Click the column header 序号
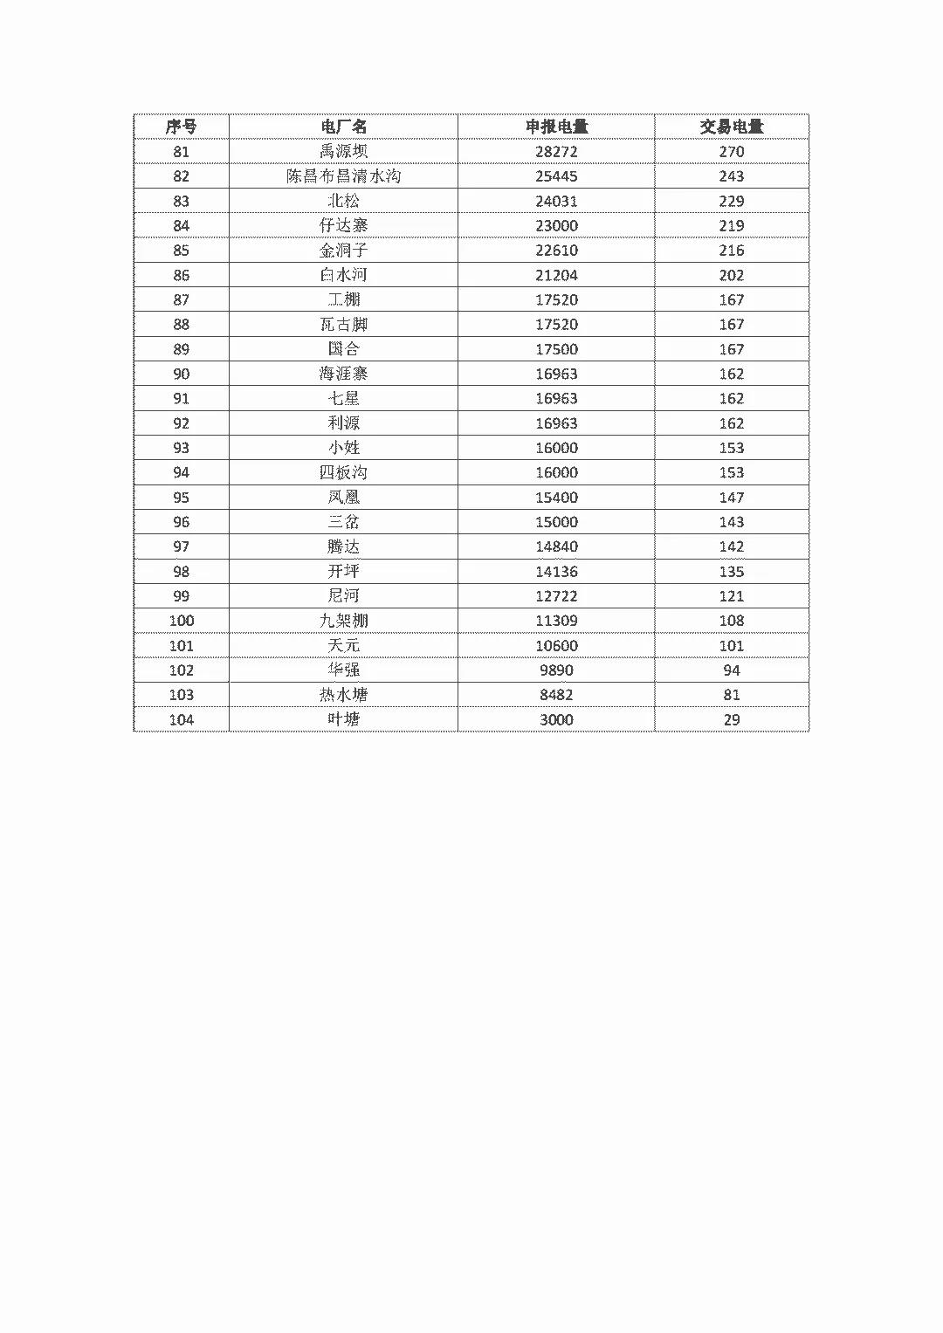[x=181, y=127]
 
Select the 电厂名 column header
[x=343, y=127]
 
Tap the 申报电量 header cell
[x=556, y=127]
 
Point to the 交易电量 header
[x=731, y=127]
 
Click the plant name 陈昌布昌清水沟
[x=343, y=176]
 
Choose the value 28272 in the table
[x=556, y=152]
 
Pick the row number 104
[x=181, y=719]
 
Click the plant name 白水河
[x=343, y=275]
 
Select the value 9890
[x=556, y=670]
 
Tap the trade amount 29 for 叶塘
[x=731, y=719]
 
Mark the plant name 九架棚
[x=343, y=621]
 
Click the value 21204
[x=556, y=275]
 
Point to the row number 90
[x=181, y=374]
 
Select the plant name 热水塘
[x=343, y=695]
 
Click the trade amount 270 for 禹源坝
[x=731, y=152]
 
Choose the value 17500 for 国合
[x=556, y=349]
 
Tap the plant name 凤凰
[x=343, y=498]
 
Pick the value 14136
[x=556, y=572]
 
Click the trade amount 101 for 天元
[x=731, y=646]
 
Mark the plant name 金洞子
[x=343, y=251]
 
